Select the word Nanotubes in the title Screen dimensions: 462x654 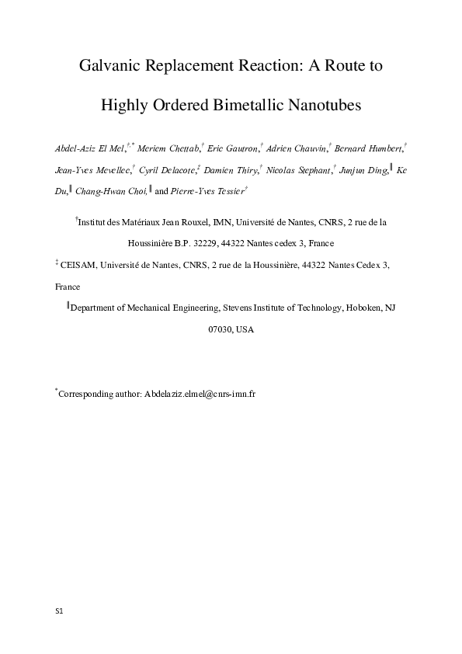[x=322, y=105]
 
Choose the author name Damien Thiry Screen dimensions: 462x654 [x=231, y=169]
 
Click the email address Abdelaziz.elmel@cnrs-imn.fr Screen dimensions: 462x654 [x=200, y=394]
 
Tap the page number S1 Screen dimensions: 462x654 [x=58, y=611]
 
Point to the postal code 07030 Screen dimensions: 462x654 [x=221, y=329]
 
